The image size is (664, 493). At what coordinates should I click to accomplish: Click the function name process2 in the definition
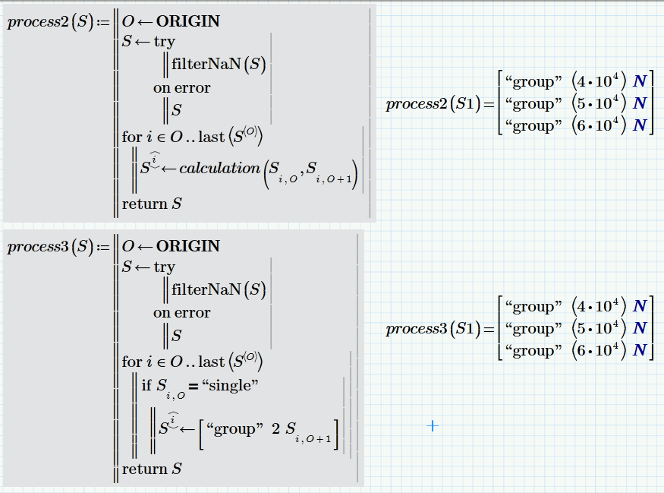pos(38,22)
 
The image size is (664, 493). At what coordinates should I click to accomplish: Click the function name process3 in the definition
pos(38,247)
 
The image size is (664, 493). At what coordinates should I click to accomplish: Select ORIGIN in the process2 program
pos(188,21)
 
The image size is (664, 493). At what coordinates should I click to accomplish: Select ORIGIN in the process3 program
pos(188,246)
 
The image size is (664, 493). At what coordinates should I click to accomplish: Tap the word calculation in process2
pos(220,169)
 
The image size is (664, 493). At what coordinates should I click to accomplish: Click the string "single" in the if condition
pos(230,386)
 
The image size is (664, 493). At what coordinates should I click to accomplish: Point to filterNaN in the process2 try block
pos(206,64)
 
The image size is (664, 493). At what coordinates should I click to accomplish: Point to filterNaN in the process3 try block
pos(206,289)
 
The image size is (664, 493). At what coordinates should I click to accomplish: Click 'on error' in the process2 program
pos(181,88)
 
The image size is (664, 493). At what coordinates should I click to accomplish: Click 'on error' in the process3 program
pos(181,312)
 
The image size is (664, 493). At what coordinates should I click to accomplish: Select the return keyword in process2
pos(144,204)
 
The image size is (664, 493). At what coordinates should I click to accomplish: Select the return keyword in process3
pos(144,469)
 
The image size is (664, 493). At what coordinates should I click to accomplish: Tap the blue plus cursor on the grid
pos(433,425)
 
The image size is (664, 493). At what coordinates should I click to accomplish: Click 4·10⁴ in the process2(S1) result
pos(599,81)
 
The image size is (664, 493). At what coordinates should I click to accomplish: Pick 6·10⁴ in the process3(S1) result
pos(599,350)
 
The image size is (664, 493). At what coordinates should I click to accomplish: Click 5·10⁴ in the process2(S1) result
pos(599,103)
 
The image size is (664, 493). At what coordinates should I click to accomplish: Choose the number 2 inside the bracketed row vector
pos(275,428)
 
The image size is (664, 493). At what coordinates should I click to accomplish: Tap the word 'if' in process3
pos(146,385)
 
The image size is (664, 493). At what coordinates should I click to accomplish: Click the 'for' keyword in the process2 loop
pos(132,137)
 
